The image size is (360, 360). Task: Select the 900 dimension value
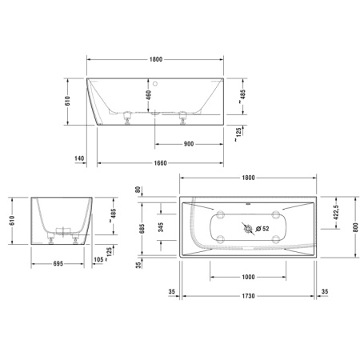[188, 144]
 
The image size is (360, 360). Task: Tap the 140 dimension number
[79, 158]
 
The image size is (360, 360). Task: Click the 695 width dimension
[58, 262]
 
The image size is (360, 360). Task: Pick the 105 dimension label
[98, 259]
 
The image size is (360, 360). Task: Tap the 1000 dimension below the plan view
[248, 277]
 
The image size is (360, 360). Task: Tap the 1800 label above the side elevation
[156, 60]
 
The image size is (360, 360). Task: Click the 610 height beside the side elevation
[68, 102]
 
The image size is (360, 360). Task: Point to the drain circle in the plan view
[249, 230]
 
